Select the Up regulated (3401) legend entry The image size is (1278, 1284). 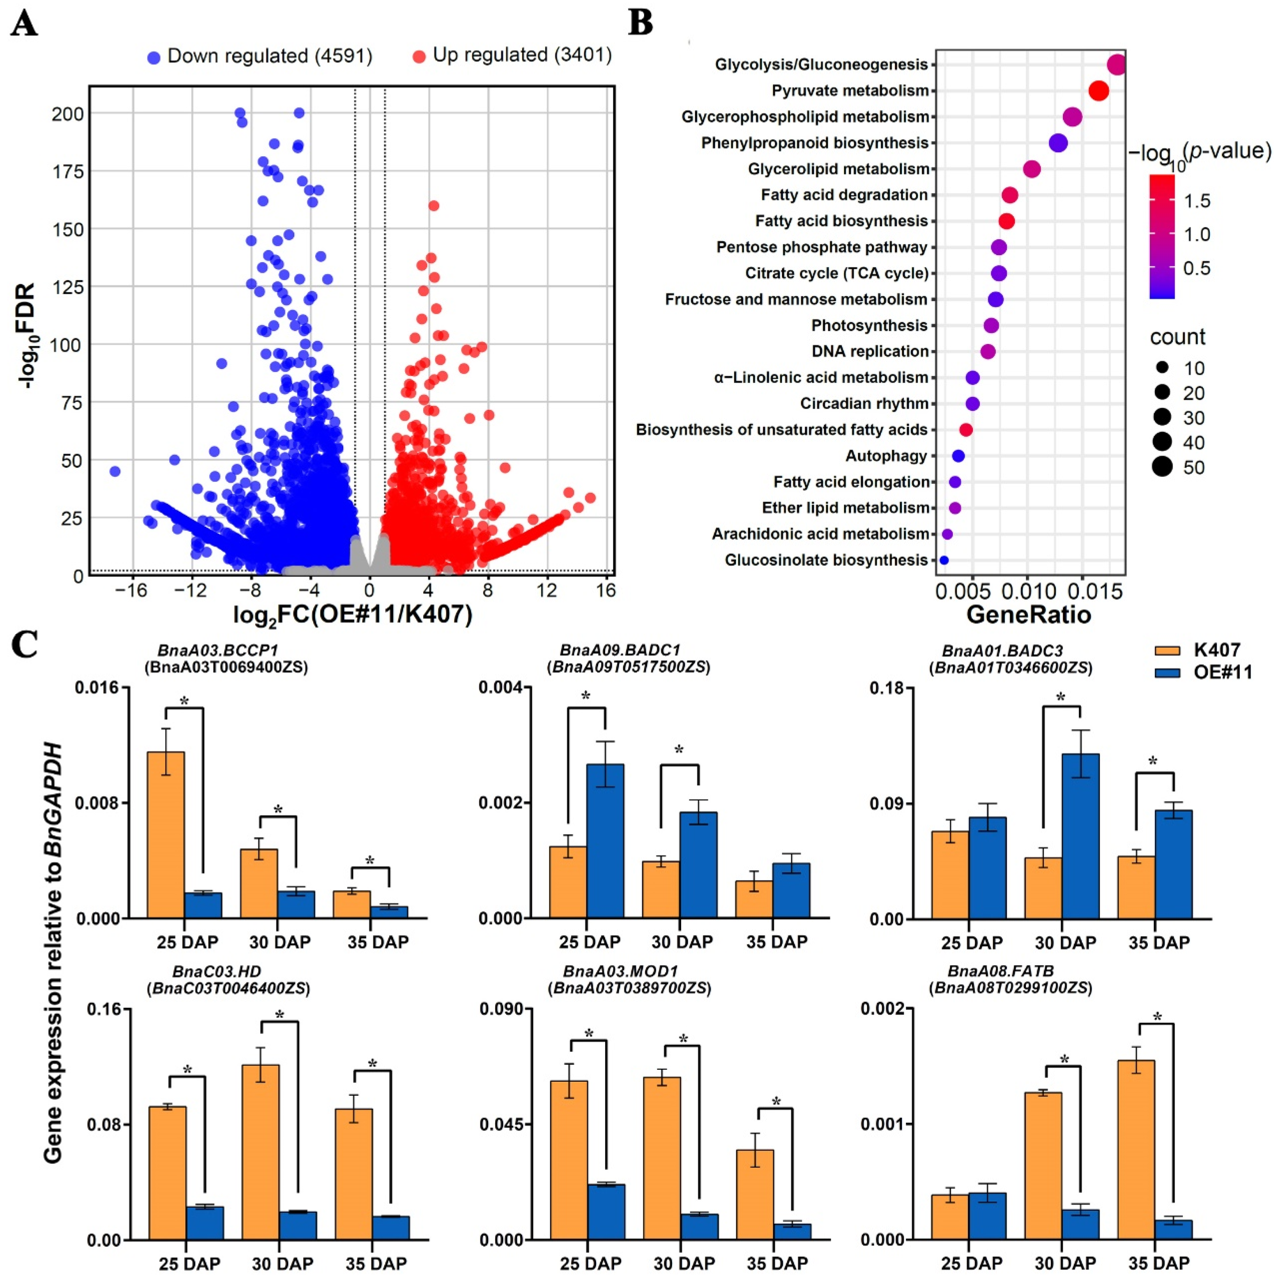tap(512, 55)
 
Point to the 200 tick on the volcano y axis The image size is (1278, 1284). tap(68, 114)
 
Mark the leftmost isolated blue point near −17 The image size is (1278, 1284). tap(115, 471)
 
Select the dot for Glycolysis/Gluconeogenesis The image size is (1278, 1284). tap(1117, 65)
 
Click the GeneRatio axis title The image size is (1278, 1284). tap(1029, 614)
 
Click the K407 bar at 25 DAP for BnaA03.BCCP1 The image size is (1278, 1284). tap(166, 835)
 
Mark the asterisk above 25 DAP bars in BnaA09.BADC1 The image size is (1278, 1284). tap(586, 696)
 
